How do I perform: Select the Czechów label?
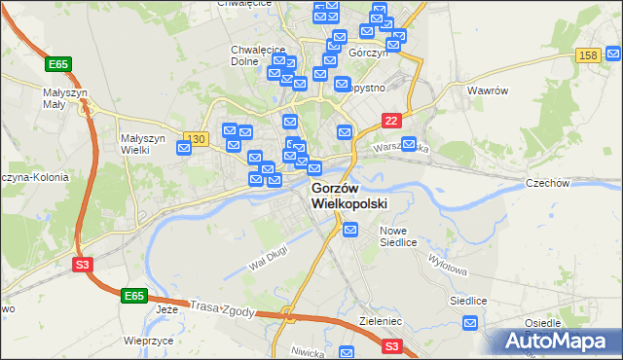573,183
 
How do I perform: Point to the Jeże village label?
168,309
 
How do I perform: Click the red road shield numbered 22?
390,120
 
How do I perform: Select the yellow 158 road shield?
587,57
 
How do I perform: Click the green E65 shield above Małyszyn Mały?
57,64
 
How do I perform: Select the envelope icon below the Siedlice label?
471,324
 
